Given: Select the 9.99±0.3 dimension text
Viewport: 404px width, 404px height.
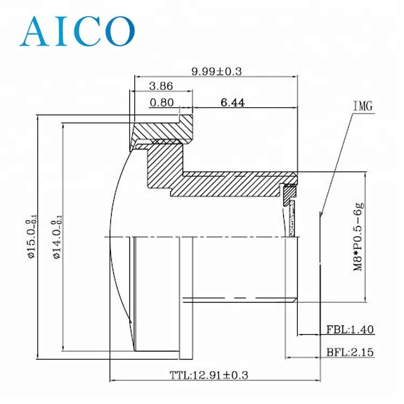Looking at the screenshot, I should pyautogui.click(x=215, y=70).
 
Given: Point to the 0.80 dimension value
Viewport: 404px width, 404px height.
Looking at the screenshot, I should pyautogui.click(x=161, y=103).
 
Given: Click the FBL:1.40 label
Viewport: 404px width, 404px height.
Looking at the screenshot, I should pyautogui.click(x=350, y=330).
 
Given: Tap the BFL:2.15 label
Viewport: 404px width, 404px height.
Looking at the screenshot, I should pyautogui.click(x=350, y=353).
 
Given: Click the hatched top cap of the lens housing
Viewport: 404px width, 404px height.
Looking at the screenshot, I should pyautogui.click(x=162, y=129).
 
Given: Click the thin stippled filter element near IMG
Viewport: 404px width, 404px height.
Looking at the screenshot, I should pyautogui.click(x=292, y=218).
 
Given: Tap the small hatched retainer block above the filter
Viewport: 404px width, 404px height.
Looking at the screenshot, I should pyautogui.click(x=290, y=191).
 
